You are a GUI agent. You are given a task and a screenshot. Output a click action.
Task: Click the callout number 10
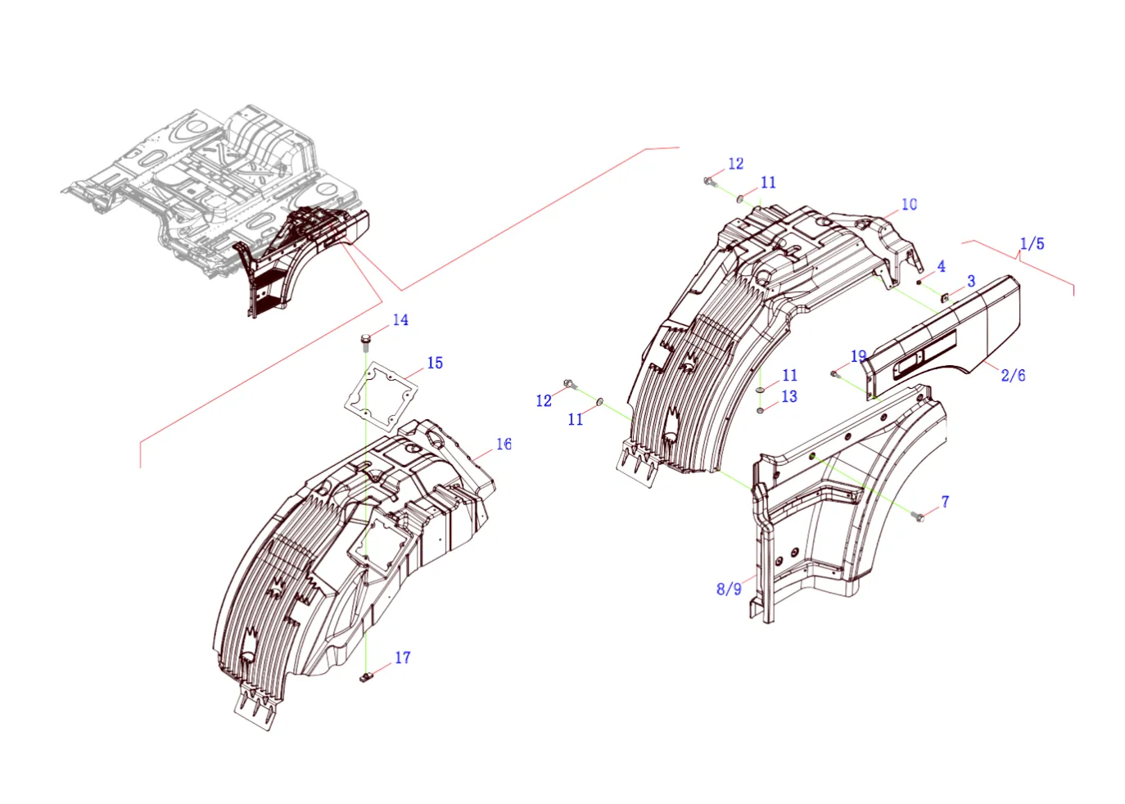point(909,204)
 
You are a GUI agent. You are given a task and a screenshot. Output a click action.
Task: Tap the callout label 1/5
point(1032,244)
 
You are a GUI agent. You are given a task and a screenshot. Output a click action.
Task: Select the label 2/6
point(1013,375)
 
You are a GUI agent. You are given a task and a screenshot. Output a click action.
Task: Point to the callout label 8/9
point(729,589)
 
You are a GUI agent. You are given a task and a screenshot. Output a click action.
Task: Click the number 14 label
point(400,320)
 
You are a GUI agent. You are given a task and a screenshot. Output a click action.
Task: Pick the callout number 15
point(435,363)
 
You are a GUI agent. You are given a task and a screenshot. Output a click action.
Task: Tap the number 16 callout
point(504,444)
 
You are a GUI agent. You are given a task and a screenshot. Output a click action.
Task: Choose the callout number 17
point(403,657)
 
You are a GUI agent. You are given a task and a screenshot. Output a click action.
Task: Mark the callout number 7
point(945,501)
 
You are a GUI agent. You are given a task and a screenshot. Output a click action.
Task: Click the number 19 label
point(858,356)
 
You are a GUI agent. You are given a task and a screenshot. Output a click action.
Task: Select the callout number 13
point(789,396)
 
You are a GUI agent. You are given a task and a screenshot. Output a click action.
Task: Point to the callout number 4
point(941,266)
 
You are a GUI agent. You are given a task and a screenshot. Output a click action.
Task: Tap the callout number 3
point(971,281)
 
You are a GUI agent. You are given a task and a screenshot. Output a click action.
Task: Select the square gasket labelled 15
point(381,395)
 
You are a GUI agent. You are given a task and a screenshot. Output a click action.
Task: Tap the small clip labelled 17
point(367,677)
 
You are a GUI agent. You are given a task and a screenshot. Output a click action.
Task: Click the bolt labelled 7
point(919,516)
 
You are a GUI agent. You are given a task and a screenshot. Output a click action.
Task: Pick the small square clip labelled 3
point(945,298)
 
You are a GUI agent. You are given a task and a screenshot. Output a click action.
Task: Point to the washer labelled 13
point(761,409)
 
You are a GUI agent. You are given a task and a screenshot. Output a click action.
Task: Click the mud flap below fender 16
point(255,709)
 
